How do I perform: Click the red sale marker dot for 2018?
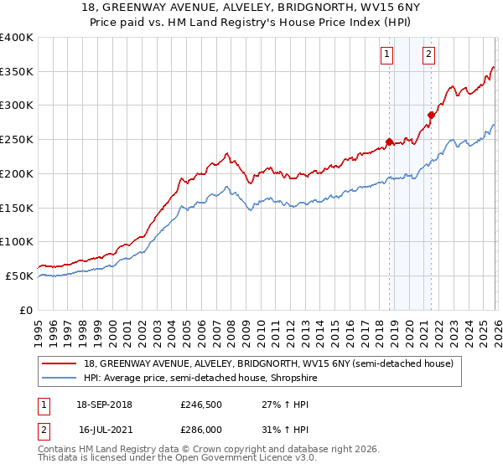[x=390, y=142]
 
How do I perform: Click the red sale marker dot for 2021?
[x=431, y=115]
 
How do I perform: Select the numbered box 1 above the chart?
[x=387, y=55]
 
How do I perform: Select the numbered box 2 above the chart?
[x=428, y=55]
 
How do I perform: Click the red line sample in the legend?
[x=60, y=363]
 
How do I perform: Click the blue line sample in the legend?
[x=60, y=379]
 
